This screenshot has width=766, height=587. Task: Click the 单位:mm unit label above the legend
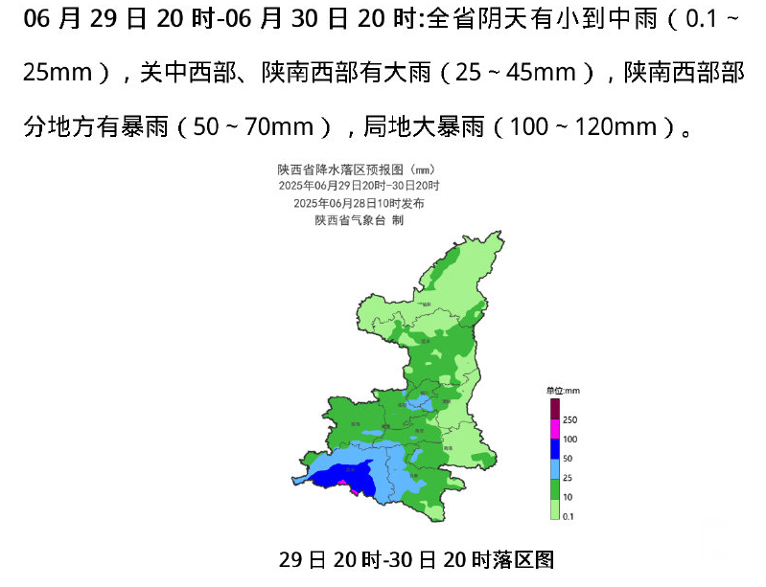(564, 391)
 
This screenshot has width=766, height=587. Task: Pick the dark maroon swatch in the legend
(555, 409)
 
